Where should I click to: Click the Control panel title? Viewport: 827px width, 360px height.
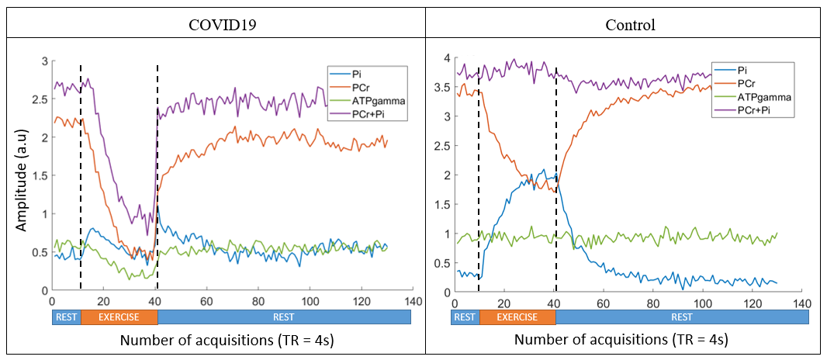coord(630,24)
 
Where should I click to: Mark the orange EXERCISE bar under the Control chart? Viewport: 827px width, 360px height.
coord(517,317)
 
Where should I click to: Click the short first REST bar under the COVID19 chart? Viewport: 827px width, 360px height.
coord(66,317)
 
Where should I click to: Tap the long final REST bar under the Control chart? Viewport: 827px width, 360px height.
coord(681,317)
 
